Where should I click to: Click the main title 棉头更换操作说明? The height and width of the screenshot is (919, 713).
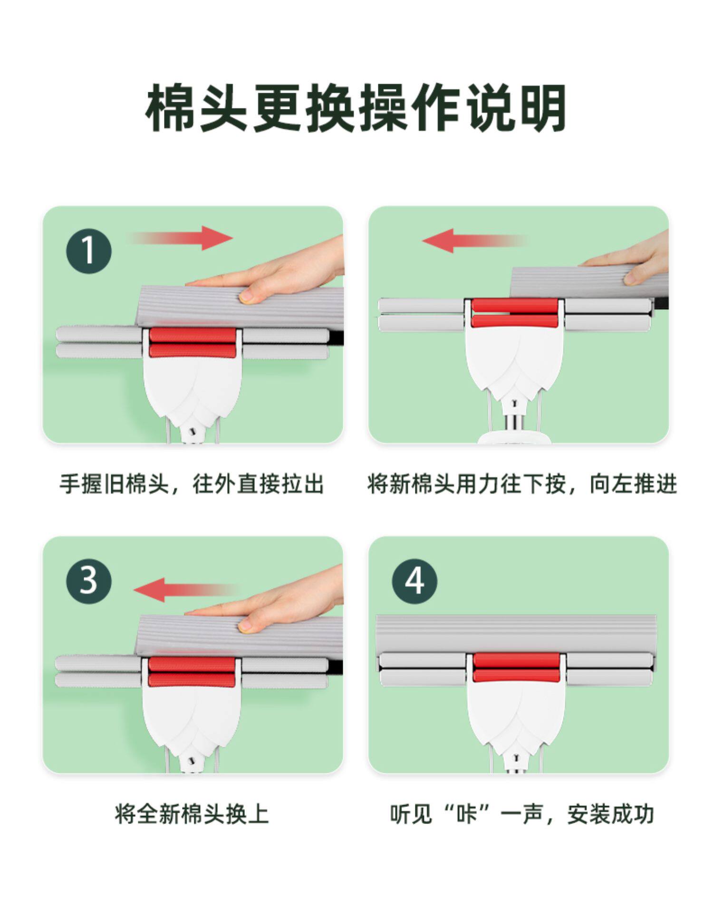[x=356, y=108]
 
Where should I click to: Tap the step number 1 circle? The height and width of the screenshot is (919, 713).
[x=89, y=251]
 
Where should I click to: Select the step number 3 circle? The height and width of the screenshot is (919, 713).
[x=89, y=581]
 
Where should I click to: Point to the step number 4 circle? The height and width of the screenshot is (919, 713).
[x=414, y=581]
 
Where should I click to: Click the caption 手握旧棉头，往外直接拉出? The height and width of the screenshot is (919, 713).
[x=192, y=484]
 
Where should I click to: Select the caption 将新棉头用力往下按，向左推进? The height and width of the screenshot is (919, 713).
[x=522, y=484]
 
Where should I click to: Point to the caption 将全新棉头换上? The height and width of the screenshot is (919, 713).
[x=192, y=814]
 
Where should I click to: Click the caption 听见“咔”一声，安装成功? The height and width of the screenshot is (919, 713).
[x=522, y=814]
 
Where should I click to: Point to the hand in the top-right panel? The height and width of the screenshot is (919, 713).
[x=627, y=259]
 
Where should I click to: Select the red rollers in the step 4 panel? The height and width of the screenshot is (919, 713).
[x=516, y=667]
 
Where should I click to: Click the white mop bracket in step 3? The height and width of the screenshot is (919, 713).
[x=191, y=718]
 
